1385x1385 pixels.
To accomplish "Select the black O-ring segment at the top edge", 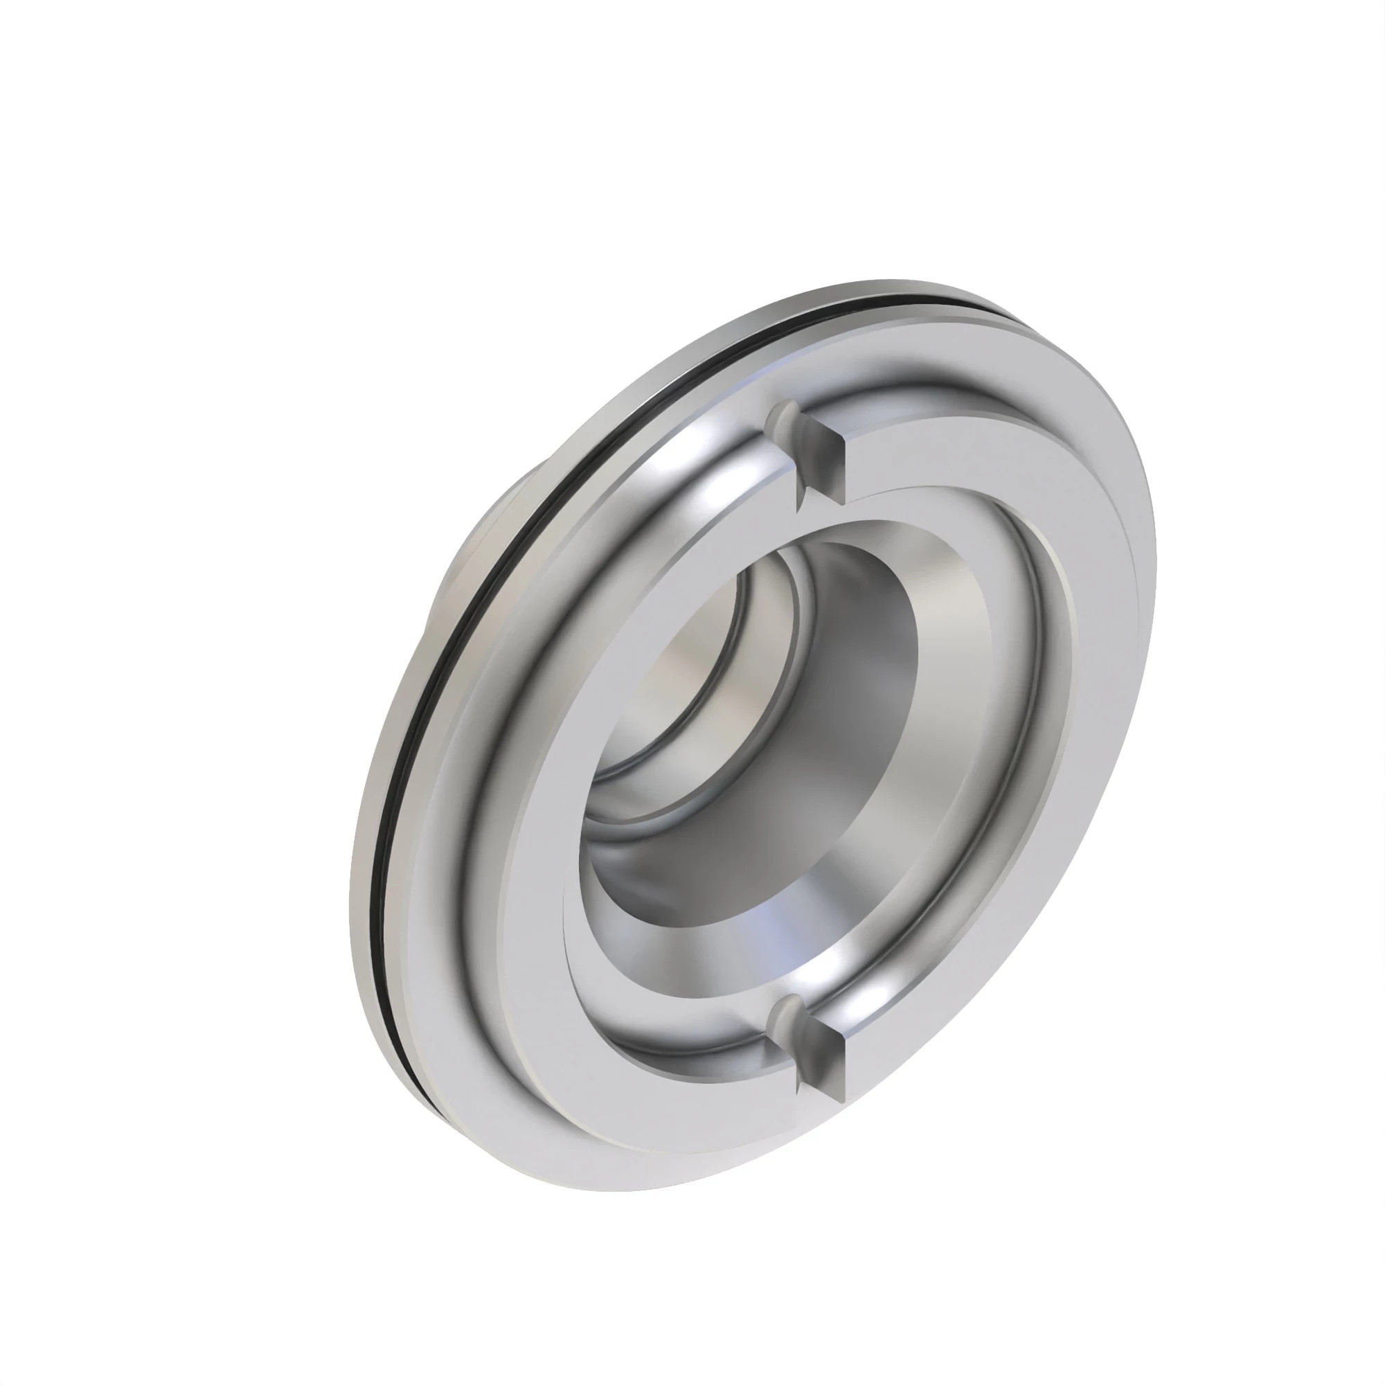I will click(x=896, y=300).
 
